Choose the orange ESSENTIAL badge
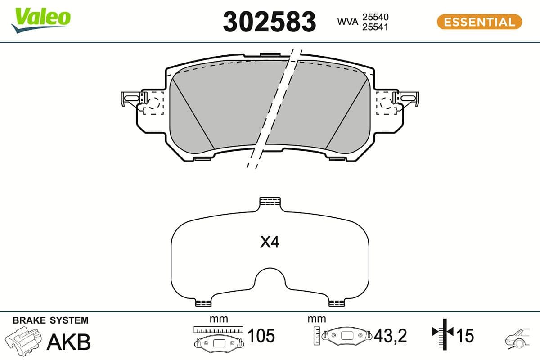[x=479, y=22]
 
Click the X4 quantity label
[x=270, y=243]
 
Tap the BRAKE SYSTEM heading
[x=50, y=320]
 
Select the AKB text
[x=69, y=342]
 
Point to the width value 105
[x=261, y=336]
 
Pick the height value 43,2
[x=390, y=336]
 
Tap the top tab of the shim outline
[x=270, y=202]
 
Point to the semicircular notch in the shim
[x=270, y=281]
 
